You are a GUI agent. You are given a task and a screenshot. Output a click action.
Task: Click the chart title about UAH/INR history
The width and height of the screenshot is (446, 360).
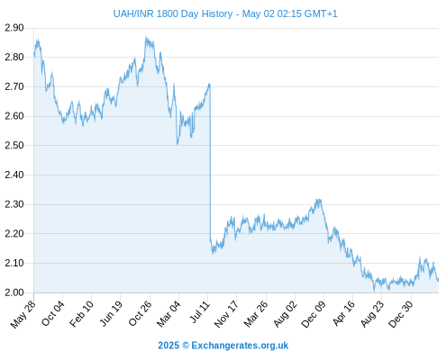(225, 13)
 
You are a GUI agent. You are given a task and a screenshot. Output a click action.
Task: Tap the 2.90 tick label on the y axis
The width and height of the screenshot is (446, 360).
(14, 28)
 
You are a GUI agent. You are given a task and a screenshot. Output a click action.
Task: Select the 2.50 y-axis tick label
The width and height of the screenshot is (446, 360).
(14, 145)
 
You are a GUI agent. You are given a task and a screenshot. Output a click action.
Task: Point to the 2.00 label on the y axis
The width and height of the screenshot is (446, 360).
(14, 292)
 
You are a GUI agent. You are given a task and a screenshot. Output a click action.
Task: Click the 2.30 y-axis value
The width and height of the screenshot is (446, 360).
(14, 204)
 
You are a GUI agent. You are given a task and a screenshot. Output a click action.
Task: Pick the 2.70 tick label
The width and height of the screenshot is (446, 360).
(14, 86)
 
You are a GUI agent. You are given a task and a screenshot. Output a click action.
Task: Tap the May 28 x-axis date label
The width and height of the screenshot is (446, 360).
(23, 314)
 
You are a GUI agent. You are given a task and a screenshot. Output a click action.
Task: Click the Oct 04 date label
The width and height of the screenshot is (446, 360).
(53, 313)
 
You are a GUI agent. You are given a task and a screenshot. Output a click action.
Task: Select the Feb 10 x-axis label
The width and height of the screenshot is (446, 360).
(82, 313)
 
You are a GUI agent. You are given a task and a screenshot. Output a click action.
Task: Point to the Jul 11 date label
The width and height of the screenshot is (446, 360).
(200, 312)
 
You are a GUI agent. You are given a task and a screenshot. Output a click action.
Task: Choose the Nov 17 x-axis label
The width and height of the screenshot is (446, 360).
(227, 314)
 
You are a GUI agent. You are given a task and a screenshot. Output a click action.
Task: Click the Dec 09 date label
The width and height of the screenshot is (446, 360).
(314, 314)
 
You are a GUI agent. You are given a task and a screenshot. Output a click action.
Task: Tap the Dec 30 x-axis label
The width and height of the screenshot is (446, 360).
(401, 314)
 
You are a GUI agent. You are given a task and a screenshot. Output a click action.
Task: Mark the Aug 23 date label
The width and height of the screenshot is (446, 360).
(372, 314)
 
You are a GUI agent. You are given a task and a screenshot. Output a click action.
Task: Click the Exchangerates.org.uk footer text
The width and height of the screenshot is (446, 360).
(240, 346)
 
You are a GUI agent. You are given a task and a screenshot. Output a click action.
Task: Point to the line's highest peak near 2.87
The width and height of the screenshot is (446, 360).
(146, 37)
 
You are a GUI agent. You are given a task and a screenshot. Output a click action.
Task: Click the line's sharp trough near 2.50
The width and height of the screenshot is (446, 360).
(177, 144)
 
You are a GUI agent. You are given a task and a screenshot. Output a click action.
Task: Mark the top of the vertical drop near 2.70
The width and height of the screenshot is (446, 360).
(210, 84)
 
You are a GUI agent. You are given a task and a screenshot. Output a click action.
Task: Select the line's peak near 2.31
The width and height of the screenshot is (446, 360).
(318, 200)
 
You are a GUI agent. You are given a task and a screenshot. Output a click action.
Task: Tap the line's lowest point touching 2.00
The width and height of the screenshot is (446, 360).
(374, 291)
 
